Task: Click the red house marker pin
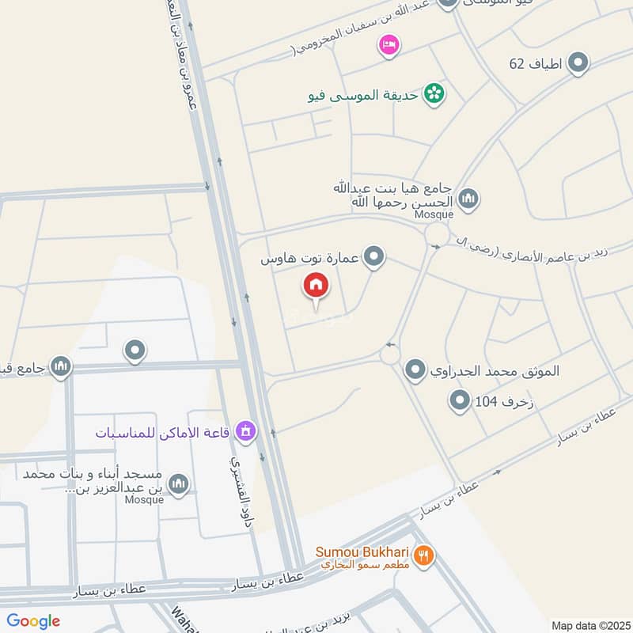coord(316,286)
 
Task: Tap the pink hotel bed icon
coord(388,45)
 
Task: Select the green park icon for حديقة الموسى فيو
coord(434,94)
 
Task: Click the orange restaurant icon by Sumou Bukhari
coord(424,555)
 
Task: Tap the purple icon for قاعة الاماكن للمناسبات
coord(247,431)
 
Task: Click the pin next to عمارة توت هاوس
coord(375,257)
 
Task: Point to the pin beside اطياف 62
coord(579,63)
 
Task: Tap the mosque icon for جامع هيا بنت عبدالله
coord(468,198)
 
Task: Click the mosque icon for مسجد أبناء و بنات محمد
coord(180,483)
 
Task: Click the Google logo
coord(33,621)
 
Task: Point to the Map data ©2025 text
coord(589,626)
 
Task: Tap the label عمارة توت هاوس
coord(310,258)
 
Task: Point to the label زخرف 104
coord(497,403)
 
